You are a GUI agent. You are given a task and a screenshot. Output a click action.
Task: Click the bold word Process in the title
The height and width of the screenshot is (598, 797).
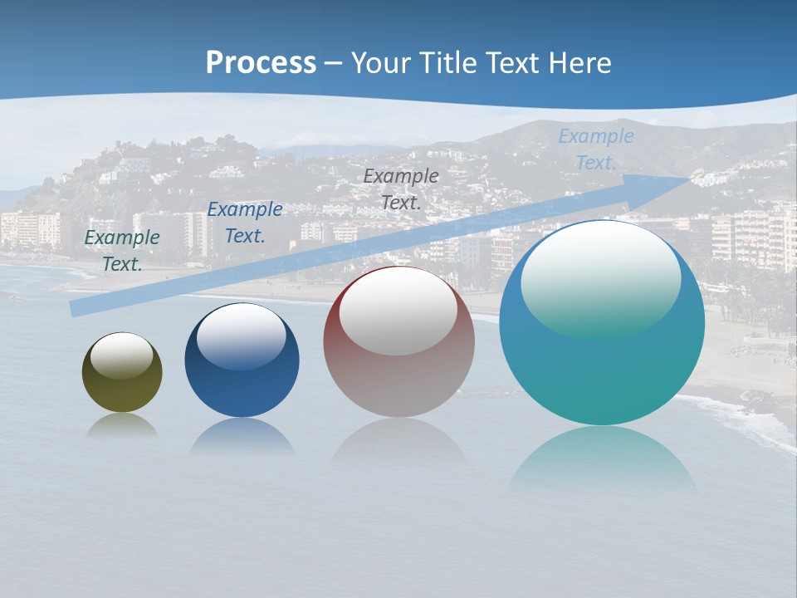[x=261, y=63]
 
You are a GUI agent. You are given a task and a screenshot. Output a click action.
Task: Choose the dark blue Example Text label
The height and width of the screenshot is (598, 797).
[x=245, y=223]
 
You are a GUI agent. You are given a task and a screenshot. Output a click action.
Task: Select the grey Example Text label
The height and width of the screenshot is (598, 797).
[x=401, y=189]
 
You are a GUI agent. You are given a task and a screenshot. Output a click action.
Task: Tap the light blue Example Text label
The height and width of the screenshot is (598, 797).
[x=595, y=149]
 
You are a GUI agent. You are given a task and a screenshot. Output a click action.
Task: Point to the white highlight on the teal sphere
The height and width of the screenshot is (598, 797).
[x=600, y=279]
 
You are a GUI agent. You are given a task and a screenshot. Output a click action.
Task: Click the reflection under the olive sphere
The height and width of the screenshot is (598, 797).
[x=122, y=425]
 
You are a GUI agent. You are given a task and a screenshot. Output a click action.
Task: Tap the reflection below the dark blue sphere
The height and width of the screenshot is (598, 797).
[x=242, y=435]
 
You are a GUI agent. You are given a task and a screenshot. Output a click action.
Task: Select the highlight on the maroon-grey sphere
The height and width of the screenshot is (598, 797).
[x=398, y=311]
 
